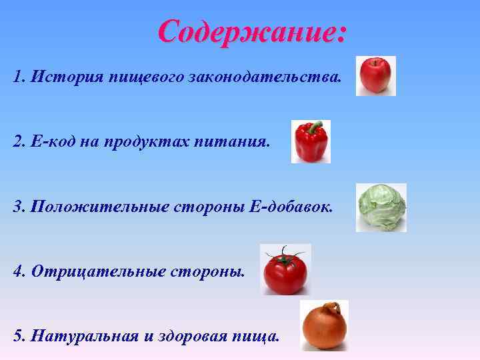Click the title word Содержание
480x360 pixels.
tap(251, 31)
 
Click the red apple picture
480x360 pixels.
tap(375, 76)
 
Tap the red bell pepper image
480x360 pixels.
tap(310, 142)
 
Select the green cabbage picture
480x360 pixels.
tap(381, 207)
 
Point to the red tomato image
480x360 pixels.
tap(285, 270)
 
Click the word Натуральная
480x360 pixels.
tap(83, 335)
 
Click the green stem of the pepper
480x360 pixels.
tap(317, 125)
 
